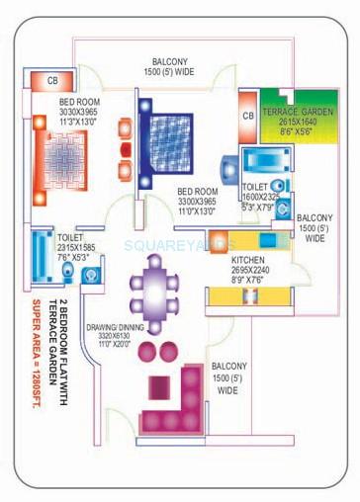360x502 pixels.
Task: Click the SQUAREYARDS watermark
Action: [x=179, y=244]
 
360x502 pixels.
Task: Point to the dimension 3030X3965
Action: [x=63, y=112]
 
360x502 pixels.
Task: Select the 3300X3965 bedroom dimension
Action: [x=198, y=201]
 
